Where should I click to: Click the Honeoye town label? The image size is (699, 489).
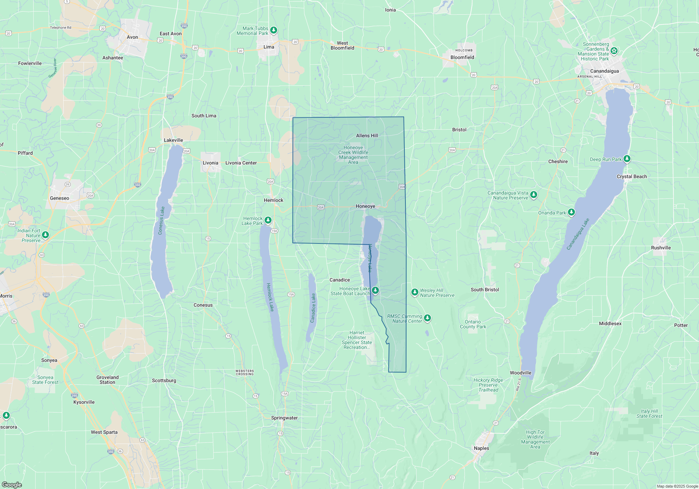tap(365, 206)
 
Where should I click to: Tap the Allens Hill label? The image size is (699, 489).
tap(367, 136)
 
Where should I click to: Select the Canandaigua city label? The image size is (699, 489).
tap(604, 71)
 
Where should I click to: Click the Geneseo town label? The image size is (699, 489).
tap(59, 198)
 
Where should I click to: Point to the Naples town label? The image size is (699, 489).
tap(481, 448)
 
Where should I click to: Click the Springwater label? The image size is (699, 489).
tap(284, 418)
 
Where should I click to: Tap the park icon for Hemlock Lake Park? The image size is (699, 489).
tap(268, 220)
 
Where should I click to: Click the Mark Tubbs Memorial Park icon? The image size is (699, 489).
tap(274, 30)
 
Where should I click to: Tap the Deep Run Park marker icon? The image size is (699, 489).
tap(627, 159)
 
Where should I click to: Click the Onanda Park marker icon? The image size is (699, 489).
tap(571, 212)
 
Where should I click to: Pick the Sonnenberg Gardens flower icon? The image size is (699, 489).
tap(614, 51)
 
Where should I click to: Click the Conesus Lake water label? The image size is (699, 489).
tap(161, 220)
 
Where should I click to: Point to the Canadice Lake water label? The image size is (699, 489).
tap(313, 308)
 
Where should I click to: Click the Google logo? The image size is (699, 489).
tap(12, 485)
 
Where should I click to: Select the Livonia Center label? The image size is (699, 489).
tap(241, 163)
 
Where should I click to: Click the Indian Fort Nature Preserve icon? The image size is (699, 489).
tap(45, 235)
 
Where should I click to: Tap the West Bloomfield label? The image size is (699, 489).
tap(342, 45)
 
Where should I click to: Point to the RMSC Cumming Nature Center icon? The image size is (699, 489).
tap(427, 318)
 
